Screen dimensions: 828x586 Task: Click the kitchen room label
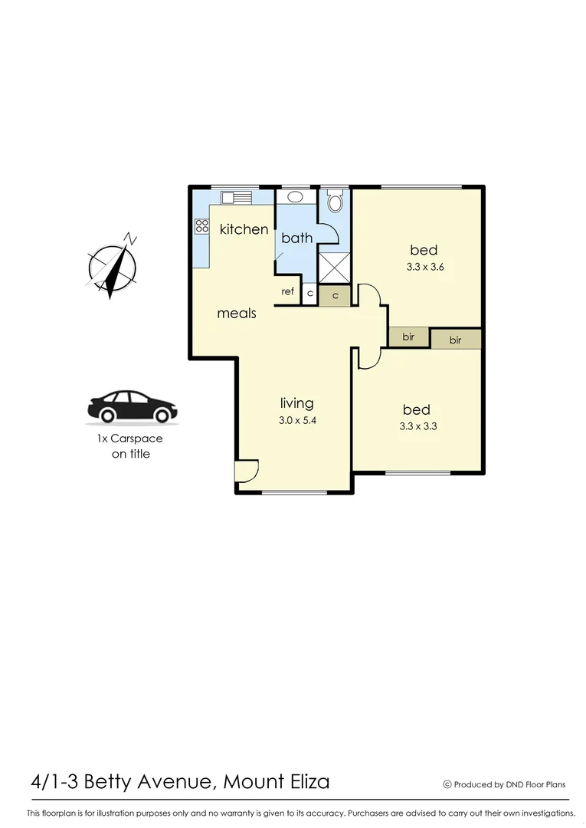244,228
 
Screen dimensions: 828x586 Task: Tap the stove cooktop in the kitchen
202,225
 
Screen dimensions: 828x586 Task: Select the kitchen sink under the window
236,198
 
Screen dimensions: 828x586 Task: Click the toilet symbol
334,203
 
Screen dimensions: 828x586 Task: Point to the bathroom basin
296,197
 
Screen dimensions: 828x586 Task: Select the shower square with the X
333,268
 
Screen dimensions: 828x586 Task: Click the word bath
296,238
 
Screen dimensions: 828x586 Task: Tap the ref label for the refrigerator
288,291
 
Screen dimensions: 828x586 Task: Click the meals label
236,313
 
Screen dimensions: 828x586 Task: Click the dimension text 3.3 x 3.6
425,268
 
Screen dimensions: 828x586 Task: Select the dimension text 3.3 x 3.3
417,427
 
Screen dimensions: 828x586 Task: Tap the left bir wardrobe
408,337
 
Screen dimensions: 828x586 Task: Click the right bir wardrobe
456,340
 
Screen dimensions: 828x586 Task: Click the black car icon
132,407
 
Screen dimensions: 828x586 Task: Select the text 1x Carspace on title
129,446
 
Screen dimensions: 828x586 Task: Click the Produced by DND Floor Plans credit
505,784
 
